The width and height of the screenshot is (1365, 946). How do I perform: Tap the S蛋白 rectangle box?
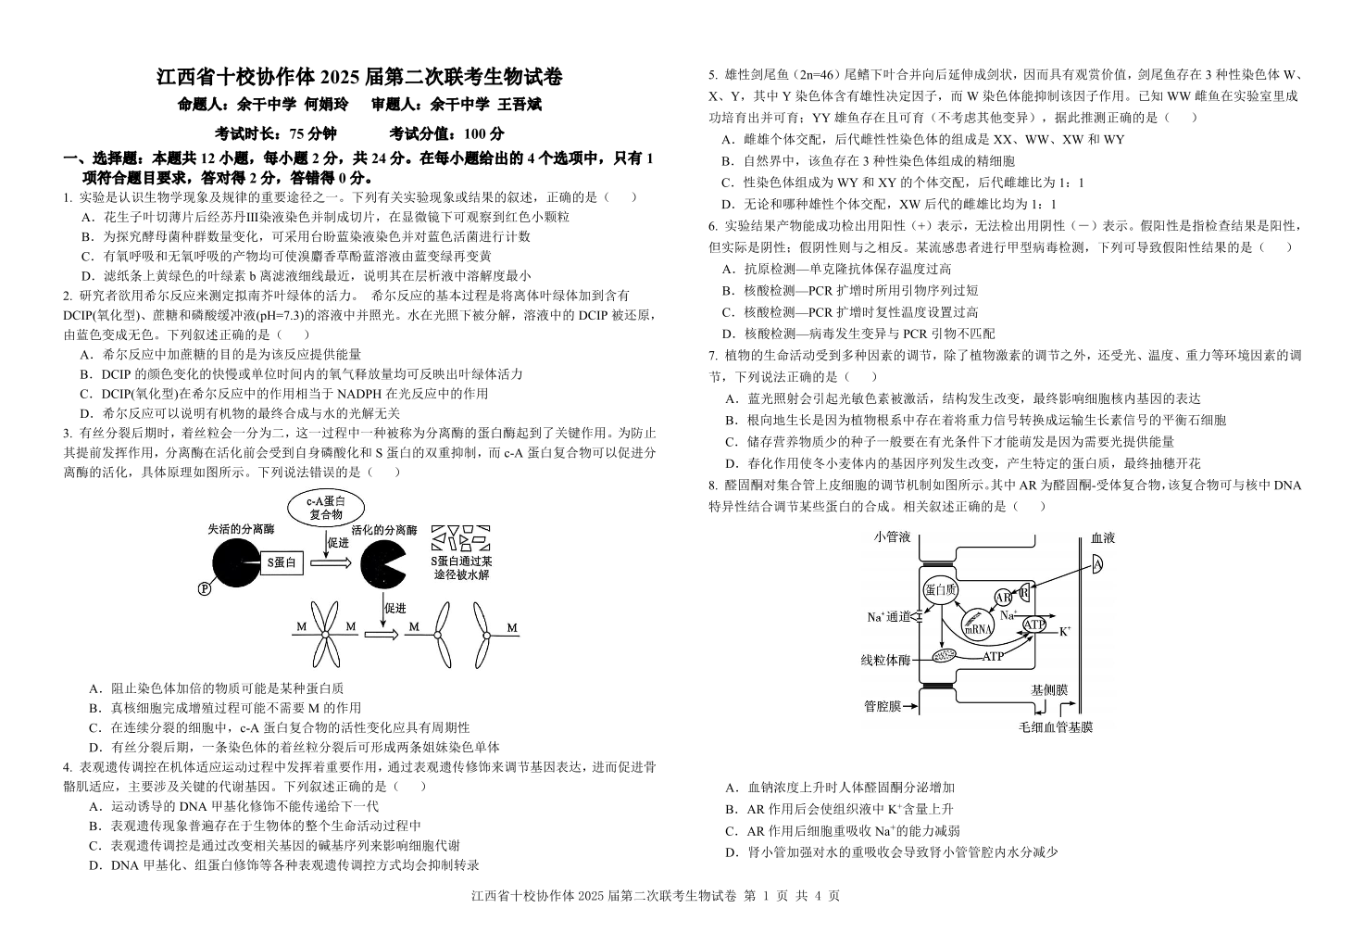coord(282,561)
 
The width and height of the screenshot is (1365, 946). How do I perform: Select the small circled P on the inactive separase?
coord(205,588)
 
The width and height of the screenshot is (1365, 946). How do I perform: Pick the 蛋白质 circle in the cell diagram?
coord(940,589)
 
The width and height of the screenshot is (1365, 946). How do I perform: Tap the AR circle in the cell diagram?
coord(1004,599)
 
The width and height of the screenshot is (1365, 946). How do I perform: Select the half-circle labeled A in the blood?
coord(1097,564)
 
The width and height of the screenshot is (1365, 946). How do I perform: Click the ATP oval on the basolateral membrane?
coord(1034,625)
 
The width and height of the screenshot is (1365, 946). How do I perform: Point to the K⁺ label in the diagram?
coord(1065,631)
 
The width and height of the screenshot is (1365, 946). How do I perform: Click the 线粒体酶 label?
coord(885,660)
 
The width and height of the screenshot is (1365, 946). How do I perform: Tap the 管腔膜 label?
coord(883,706)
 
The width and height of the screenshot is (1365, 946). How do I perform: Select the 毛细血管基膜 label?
coord(1056,727)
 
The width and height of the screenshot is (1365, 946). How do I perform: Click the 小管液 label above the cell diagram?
coord(892,537)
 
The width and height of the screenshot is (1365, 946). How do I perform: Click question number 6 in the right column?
coord(712,225)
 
